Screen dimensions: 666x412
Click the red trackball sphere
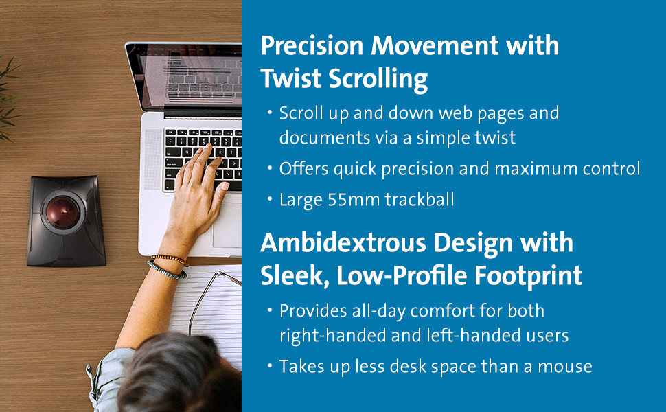point(62,211)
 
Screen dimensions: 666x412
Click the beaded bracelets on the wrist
point(169,266)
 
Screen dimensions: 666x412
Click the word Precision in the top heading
point(312,45)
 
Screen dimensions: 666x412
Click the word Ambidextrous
point(343,242)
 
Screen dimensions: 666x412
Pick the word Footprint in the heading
point(528,276)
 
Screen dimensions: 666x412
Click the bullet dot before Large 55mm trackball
point(269,198)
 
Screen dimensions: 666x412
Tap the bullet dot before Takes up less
point(269,366)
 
